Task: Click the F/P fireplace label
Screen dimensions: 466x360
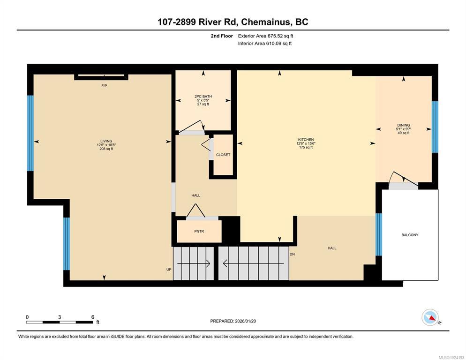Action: [104, 86]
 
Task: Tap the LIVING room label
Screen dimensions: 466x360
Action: [106, 141]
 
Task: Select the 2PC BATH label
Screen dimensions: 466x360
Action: [203, 96]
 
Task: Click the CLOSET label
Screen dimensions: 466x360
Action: [223, 155]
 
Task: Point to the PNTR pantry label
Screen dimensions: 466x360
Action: [199, 231]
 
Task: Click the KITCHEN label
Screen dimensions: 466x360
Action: [306, 140]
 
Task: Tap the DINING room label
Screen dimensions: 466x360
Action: [404, 125]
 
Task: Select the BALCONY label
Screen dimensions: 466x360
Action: [410, 235]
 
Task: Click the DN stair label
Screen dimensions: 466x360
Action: [292, 254]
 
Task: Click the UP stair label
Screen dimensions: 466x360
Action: [169, 270]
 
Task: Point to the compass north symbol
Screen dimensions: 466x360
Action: [430, 317]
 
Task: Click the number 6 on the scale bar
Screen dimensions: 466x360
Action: [93, 317]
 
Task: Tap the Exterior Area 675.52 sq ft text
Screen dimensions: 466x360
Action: [265, 36]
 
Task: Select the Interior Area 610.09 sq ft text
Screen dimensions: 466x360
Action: [265, 44]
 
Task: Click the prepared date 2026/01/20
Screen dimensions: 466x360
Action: [246, 321]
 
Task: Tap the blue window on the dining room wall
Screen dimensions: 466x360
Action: [435, 127]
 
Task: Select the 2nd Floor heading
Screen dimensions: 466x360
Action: [222, 36]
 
